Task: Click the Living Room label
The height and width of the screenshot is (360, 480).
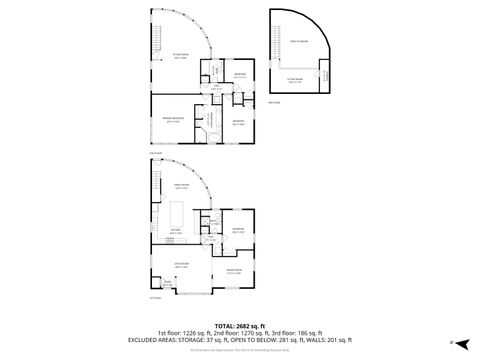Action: (182, 265)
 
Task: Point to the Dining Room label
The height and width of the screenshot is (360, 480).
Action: (232, 270)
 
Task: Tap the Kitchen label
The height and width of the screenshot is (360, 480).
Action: (175, 232)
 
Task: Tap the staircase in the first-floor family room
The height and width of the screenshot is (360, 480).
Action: (156, 185)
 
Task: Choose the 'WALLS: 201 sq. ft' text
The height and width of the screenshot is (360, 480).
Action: (321, 339)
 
